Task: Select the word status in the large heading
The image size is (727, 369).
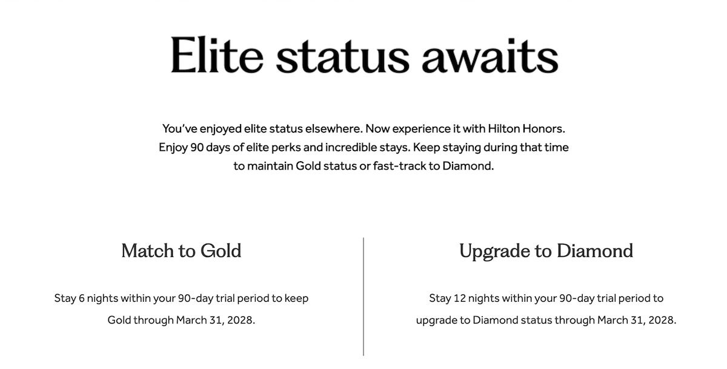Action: (342, 55)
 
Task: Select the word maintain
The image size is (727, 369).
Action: (270, 165)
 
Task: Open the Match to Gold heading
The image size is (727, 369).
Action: (181, 250)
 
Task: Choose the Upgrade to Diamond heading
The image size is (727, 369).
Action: (546, 250)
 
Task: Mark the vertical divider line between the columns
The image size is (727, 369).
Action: (363, 296)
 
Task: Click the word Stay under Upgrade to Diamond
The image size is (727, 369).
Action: (440, 298)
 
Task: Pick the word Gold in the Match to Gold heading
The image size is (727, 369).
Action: (221, 250)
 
